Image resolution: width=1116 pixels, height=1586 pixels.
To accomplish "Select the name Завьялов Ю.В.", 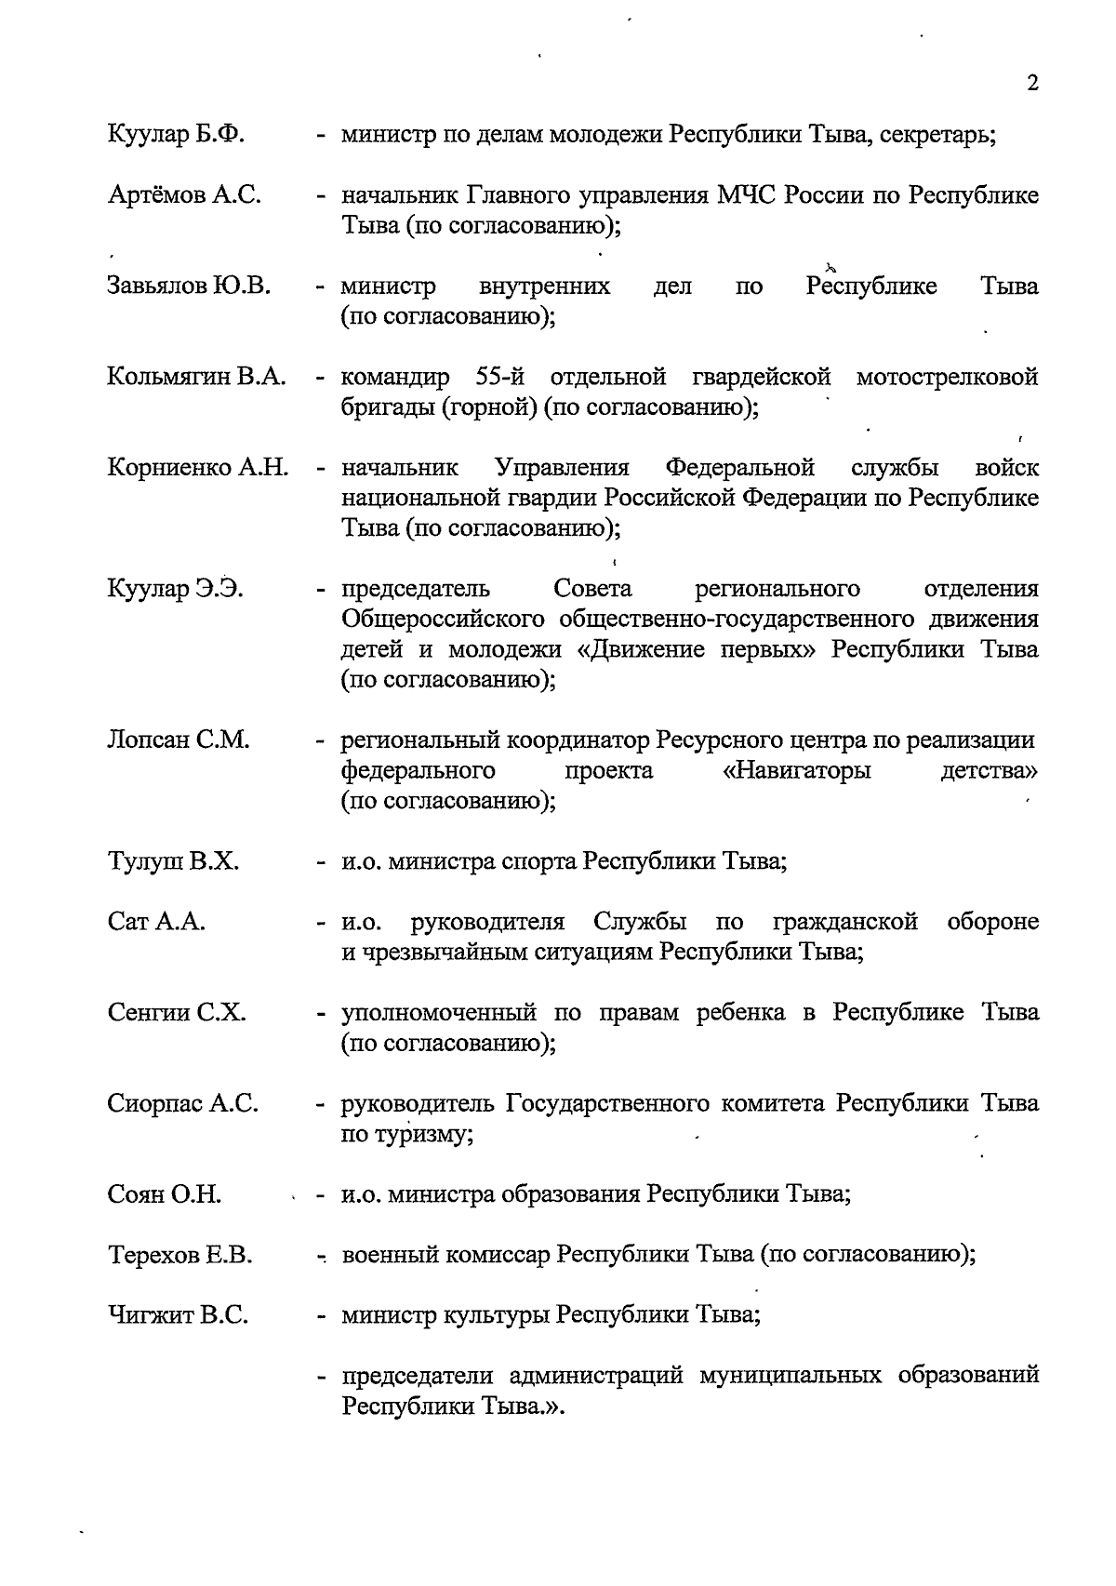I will (189, 286).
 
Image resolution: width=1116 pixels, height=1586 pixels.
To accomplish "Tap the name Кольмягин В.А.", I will (196, 377).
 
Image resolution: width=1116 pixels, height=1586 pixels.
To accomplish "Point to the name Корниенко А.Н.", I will (197, 467).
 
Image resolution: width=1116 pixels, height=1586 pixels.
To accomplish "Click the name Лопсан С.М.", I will (179, 740).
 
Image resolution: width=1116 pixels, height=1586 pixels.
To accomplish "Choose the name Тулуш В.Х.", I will (173, 861).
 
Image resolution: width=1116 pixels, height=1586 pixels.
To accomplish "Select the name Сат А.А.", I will (156, 922).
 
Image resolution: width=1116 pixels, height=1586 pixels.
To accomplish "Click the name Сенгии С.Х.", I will (177, 1012).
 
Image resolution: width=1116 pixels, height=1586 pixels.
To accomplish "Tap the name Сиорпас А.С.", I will (182, 1103).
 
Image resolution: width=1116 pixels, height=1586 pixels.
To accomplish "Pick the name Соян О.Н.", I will (164, 1194).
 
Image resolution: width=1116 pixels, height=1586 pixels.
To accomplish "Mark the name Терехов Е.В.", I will (179, 1255).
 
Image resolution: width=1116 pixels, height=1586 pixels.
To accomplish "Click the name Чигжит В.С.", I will (178, 1315).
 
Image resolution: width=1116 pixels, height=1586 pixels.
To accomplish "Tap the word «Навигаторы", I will (797, 771).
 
